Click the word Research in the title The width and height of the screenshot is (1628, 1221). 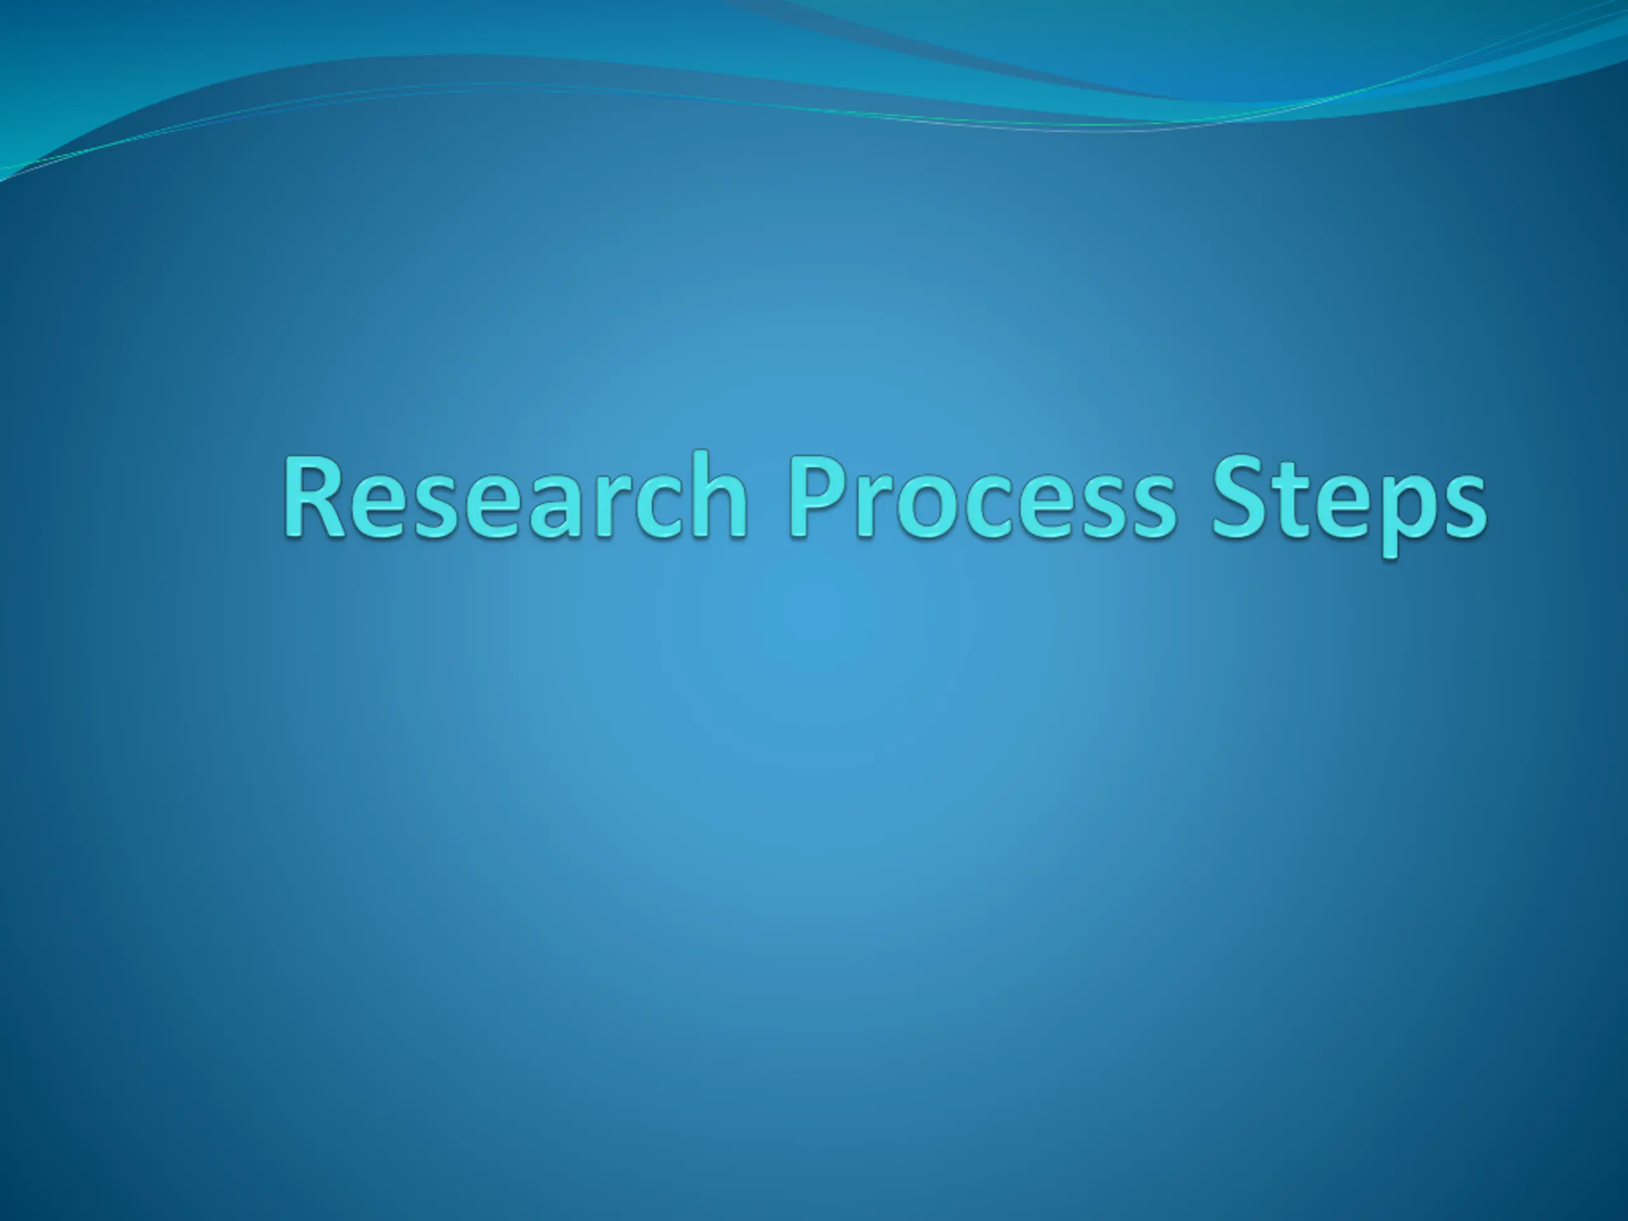click(516, 495)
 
